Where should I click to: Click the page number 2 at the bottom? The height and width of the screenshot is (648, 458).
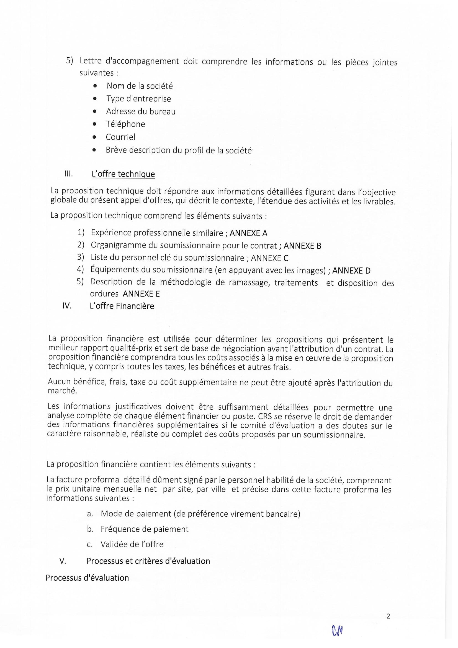pyautogui.click(x=388, y=616)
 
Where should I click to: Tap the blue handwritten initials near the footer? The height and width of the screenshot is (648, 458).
pyautogui.click(x=337, y=631)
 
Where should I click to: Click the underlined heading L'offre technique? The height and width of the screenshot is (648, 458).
pyautogui.click(x=123, y=174)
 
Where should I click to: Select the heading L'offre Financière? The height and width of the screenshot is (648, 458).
pyautogui.click(x=122, y=306)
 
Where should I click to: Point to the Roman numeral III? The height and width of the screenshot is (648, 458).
pyautogui.click(x=68, y=174)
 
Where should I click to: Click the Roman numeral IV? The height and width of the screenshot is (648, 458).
pyautogui.click(x=67, y=306)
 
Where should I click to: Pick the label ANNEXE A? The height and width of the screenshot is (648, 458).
pyautogui.click(x=248, y=233)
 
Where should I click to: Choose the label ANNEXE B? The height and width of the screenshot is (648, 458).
pyautogui.click(x=302, y=246)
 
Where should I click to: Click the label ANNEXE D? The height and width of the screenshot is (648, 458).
pyautogui.click(x=351, y=271)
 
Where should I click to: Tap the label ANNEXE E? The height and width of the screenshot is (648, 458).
pyautogui.click(x=141, y=294)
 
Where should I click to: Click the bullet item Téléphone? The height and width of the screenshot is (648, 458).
pyautogui.click(x=125, y=124)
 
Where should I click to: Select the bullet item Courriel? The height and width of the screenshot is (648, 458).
pyautogui.click(x=120, y=137)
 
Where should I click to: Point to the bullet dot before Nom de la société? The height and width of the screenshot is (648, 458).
pyautogui.click(x=95, y=86)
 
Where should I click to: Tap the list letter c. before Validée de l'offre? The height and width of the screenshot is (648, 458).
pyautogui.click(x=90, y=544)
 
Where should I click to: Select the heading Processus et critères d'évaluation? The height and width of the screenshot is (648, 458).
pyautogui.click(x=148, y=561)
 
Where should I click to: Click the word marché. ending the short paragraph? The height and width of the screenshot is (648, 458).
pyautogui.click(x=62, y=391)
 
